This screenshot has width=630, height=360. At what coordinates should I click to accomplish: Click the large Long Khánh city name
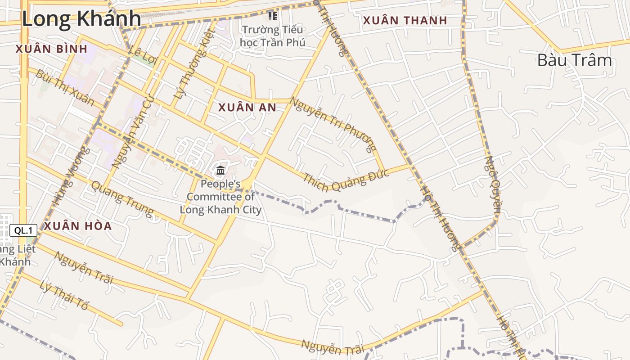click(x=81, y=19)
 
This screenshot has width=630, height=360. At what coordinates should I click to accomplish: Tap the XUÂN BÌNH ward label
click(x=51, y=49)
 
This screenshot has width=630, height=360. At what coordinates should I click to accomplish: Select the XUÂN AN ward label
click(x=247, y=108)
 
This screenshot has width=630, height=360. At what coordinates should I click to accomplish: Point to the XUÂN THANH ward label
click(x=405, y=21)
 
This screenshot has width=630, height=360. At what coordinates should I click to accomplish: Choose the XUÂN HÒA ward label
click(x=77, y=226)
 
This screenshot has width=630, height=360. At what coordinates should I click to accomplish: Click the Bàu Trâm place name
click(x=575, y=60)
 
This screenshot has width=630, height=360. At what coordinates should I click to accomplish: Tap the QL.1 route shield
click(x=23, y=231)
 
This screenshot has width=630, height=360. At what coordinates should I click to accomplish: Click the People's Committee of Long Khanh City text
click(x=220, y=197)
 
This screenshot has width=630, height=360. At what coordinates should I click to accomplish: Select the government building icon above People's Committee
click(x=220, y=170)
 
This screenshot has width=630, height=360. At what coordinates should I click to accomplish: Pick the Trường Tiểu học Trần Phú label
click(x=272, y=36)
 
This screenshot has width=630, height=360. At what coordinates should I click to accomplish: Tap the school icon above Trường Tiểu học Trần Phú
click(x=272, y=16)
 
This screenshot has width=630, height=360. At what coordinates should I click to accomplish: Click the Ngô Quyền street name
click(x=493, y=184)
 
